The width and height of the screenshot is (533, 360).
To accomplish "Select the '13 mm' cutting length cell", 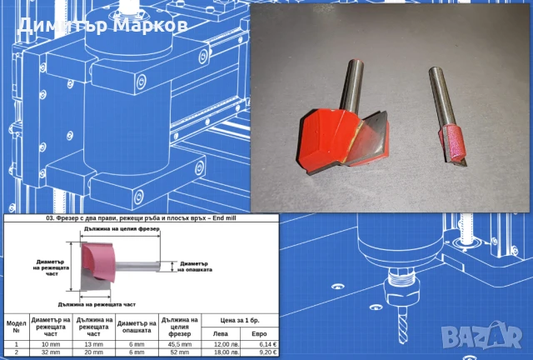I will coord(94,343).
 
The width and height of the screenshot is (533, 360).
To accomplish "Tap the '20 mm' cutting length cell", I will coord(94,353).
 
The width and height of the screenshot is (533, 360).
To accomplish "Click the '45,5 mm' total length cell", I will coord(179,343).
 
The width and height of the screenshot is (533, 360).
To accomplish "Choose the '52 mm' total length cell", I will coord(179,353).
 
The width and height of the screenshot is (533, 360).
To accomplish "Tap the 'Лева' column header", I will coord(221,333).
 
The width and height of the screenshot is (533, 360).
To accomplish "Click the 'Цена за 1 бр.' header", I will coord(241,318).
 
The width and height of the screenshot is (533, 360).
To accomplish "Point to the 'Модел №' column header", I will coord(16,324).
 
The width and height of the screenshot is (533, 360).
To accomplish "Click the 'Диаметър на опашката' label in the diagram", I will coord(197,267).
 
